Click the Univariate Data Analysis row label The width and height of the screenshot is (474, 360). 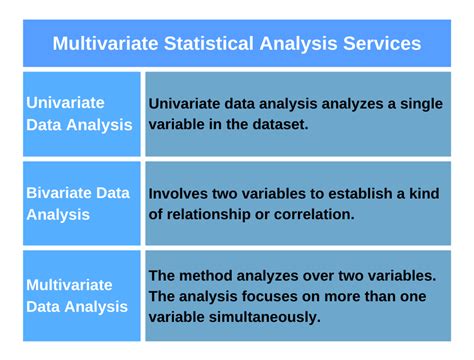79,113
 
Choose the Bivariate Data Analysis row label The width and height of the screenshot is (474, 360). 78,203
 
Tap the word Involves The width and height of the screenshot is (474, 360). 180,192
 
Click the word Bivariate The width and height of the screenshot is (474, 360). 62,192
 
